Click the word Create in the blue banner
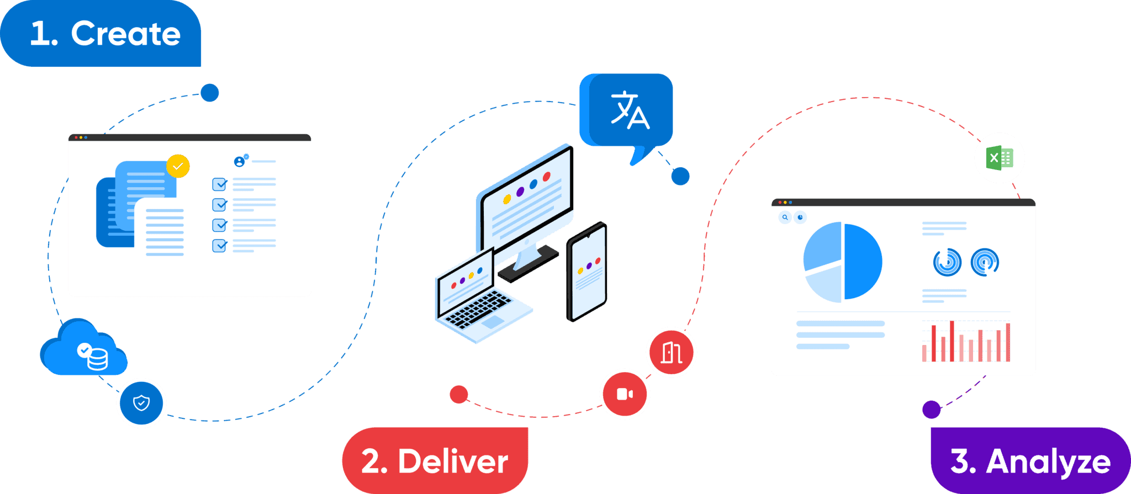pyautogui.click(x=125, y=34)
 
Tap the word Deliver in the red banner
pyautogui.click(x=452, y=461)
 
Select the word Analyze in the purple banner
pyautogui.click(x=1048, y=461)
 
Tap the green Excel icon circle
pyautogui.click(x=1000, y=158)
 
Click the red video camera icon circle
pyautogui.click(x=625, y=394)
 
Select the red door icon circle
pyautogui.click(x=671, y=352)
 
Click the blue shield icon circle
pyautogui.click(x=141, y=403)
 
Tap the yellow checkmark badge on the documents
pyautogui.click(x=178, y=166)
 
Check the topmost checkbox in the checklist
pyautogui.click(x=219, y=184)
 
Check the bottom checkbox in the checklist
pyautogui.click(x=219, y=245)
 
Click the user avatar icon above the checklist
pyautogui.click(x=239, y=161)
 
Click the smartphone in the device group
pyautogui.click(x=586, y=272)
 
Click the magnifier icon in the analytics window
pyautogui.click(x=785, y=217)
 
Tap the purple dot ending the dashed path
pyautogui.click(x=931, y=410)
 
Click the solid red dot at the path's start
pyautogui.click(x=458, y=394)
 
